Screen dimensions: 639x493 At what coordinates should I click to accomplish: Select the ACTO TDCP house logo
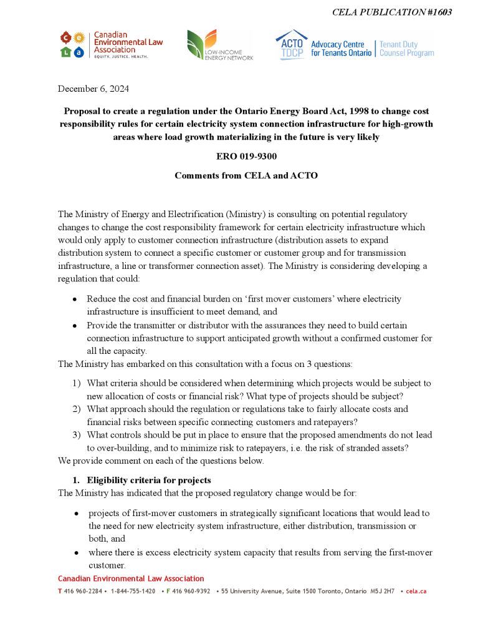click(x=291, y=43)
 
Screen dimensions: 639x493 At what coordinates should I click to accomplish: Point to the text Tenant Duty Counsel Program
click(x=406, y=49)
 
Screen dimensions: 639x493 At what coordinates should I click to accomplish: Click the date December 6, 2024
click(x=93, y=89)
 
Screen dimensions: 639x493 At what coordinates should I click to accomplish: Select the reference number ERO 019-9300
click(x=246, y=156)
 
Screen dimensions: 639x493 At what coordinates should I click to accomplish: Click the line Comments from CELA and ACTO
click(x=246, y=175)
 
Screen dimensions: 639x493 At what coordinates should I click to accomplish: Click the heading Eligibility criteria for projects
click(x=148, y=480)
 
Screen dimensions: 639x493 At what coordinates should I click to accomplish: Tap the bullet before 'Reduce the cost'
click(x=75, y=300)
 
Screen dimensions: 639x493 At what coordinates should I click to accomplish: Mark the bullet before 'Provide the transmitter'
click(x=75, y=326)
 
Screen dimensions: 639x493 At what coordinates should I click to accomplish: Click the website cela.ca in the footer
click(x=416, y=591)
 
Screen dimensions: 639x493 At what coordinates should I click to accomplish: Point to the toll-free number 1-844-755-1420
click(x=133, y=591)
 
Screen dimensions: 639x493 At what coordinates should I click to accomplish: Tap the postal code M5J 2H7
click(x=382, y=591)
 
